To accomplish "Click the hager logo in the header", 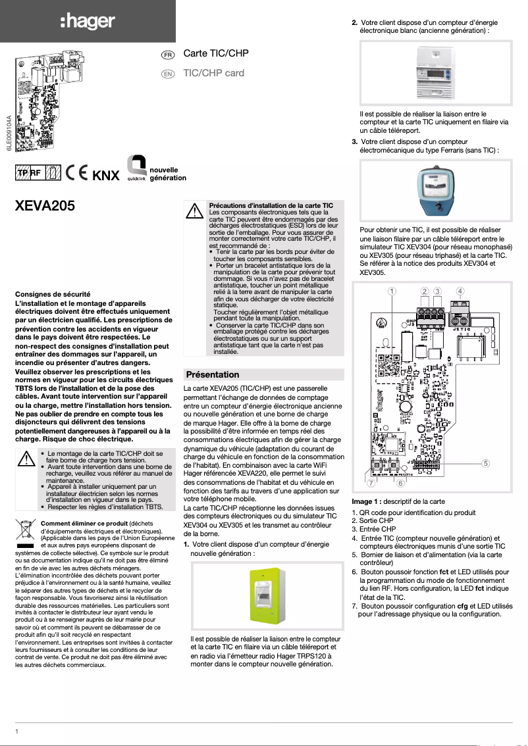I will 88,21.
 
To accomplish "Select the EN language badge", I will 168,74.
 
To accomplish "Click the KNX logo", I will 106,176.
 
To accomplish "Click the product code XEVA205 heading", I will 45,205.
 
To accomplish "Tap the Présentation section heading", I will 213,374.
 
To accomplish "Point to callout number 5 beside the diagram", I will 486,462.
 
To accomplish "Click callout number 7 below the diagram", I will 371,484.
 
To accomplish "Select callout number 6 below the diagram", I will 400,484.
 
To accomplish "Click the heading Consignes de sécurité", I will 52,293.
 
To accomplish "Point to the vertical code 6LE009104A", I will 9,134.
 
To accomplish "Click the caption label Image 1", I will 367,501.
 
